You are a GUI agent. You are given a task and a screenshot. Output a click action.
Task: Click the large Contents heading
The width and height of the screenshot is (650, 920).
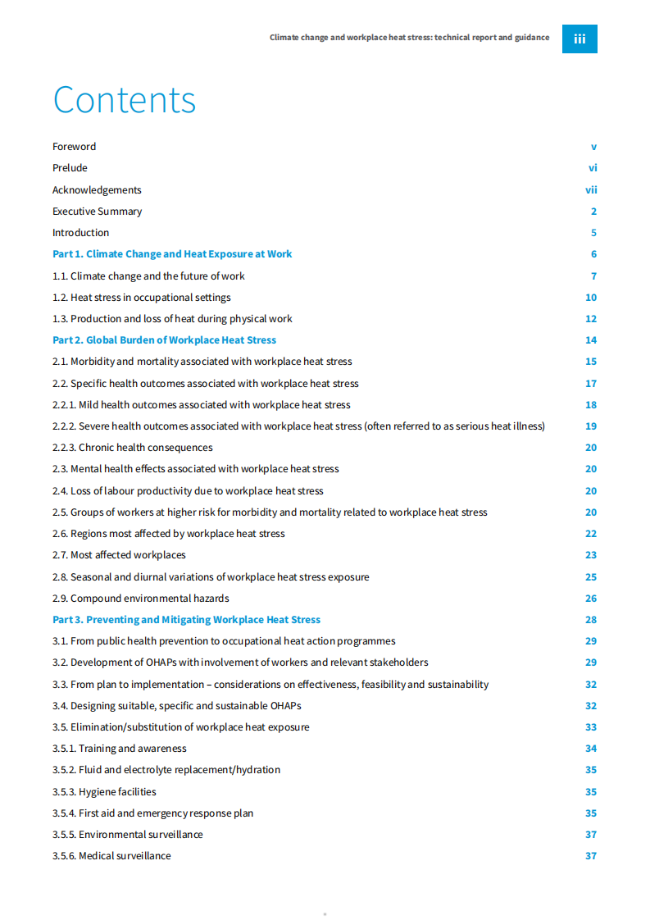(x=125, y=100)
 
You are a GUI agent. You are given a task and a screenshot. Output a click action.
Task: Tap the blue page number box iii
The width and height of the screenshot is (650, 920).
(x=580, y=39)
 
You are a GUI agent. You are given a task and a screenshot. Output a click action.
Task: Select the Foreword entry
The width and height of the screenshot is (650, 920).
(x=75, y=147)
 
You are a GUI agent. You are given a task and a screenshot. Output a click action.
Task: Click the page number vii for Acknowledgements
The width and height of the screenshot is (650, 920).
(x=591, y=190)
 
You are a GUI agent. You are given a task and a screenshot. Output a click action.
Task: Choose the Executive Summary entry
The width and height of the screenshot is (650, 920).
(x=97, y=212)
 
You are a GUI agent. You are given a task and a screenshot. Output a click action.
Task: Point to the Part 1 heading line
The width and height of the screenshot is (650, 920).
(x=172, y=254)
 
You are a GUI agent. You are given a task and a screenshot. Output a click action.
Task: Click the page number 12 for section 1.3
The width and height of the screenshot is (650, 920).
(x=591, y=319)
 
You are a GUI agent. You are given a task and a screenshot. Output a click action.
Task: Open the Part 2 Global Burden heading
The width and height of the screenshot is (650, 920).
(x=164, y=340)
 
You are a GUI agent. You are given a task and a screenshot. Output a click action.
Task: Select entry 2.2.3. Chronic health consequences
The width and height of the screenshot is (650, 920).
(x=132, y=448)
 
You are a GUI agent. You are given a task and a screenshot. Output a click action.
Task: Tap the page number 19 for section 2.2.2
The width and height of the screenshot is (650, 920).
(x=591, y=426)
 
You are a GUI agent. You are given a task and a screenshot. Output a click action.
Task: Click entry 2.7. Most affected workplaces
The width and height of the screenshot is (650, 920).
(x=119, y=555)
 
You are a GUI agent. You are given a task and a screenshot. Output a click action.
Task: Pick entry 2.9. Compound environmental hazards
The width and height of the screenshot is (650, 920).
(x=141, y=599)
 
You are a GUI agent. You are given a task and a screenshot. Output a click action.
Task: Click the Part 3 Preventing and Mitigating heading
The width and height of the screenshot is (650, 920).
(x=186, y=620)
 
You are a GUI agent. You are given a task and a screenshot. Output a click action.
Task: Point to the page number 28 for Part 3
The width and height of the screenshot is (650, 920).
(x=591, y=620)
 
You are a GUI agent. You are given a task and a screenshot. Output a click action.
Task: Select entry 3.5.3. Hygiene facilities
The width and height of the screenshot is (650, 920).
(x=104, y=792)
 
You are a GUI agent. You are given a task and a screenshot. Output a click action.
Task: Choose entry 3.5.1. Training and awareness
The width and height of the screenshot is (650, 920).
(x=120, y=749)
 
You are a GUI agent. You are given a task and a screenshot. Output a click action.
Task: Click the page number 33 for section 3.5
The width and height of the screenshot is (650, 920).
(x=591, y=727)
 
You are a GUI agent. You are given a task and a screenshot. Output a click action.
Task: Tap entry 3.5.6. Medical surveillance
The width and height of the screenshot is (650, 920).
(x=111, y=856)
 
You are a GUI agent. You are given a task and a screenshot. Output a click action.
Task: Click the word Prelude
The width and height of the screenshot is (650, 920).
(x=70, y=168)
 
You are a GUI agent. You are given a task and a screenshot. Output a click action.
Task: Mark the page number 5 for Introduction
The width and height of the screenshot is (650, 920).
(x=593, y=233)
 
